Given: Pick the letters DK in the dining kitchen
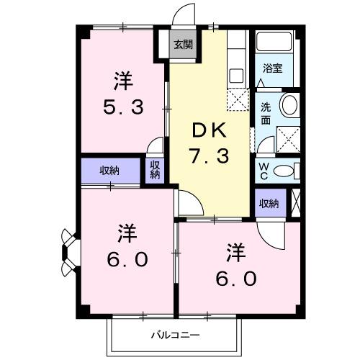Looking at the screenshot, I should tap(209, 130).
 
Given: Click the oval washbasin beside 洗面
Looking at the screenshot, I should tap(289, 106).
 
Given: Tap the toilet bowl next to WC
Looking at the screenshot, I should tap(285, 171).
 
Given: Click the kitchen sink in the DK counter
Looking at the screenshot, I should tap(235, 73).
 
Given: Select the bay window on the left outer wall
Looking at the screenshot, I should tap(68, 252).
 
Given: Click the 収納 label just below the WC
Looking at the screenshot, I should tap(269, 204).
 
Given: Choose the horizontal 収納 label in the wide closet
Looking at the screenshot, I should tap(110, 171).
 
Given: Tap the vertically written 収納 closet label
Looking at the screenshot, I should tap(155, 170).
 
